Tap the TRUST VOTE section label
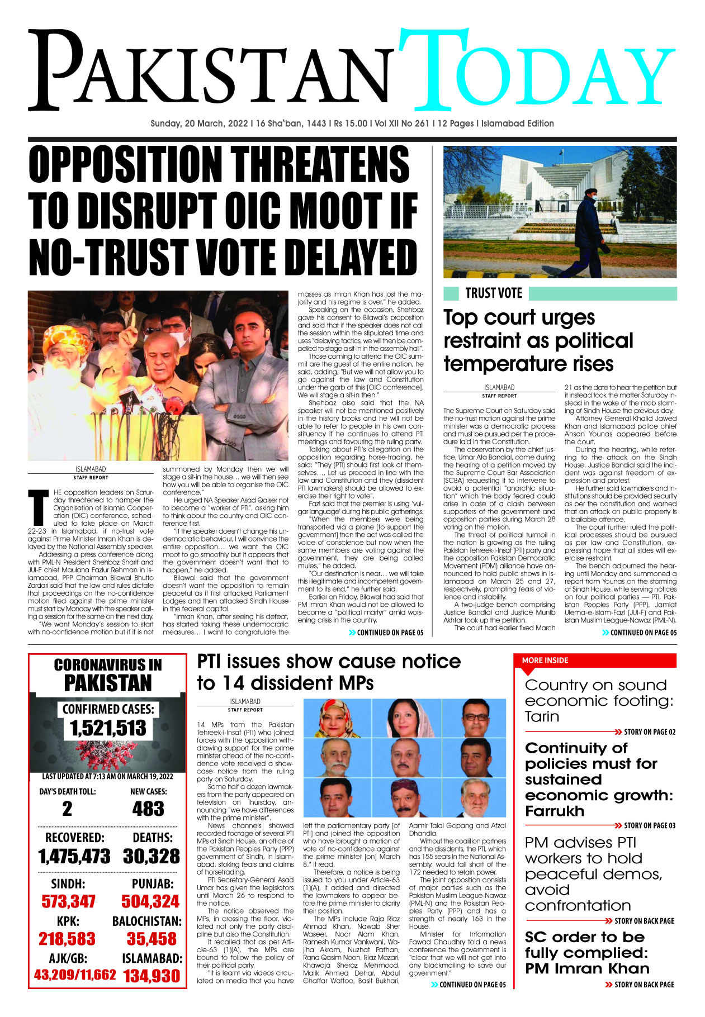pyautogui.click(x=493, y=293)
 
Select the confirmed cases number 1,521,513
pyautogui.click(x=108, y=729)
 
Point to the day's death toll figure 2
pyautogui.click(x=67, y=809)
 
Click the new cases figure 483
pyautogui.click(x=148, y=809)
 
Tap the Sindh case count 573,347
pyautogui.click(x=68, y=901)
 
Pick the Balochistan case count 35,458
pyautogui.click(x=152, y=939)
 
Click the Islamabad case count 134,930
pyautogui.click(x=152, y=976)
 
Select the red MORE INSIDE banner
pyautogui.click(x=545, y=660)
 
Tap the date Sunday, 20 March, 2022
pyautogui.click(x=199, y=123)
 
